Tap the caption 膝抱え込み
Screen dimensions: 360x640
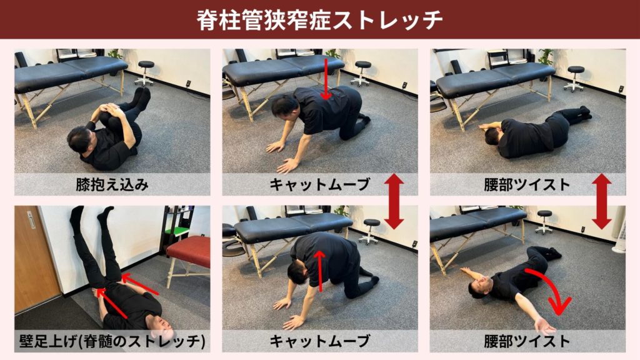(x=112, y=184)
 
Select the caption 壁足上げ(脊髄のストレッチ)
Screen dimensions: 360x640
(x=112, y=341)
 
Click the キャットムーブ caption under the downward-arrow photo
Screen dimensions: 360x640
(x=320, y=184)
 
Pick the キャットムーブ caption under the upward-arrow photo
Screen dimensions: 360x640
(x=320, y=341)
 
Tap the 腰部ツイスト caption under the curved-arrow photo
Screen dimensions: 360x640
(x=527, y=341)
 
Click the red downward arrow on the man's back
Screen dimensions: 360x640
(x=326, y=79)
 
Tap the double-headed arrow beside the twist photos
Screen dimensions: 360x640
(x=601, y=201)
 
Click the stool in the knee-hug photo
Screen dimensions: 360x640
(x=145, y=72)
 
